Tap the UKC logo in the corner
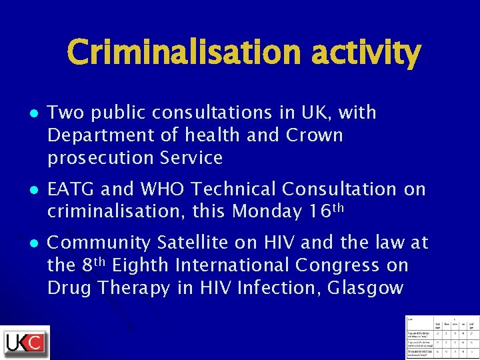click(x=26, y=343)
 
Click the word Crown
click(x=314, y=135)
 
